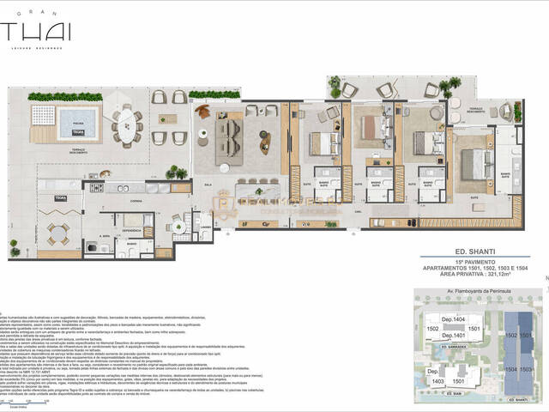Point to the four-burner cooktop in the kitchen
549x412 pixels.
(x=97, y=187)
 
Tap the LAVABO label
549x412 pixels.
(x=206, y=227)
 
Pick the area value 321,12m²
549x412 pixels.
(x=498, y=275)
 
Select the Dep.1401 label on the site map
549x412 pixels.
(x=453, y=335)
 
